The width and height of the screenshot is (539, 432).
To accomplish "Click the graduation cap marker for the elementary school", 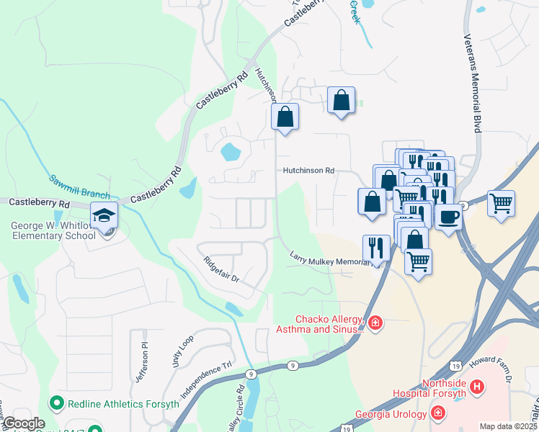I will (x=104, y=215).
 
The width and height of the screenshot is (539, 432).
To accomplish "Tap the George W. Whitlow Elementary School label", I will (x=53, y=230).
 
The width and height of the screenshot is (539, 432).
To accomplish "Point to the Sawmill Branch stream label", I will (x=79, y=186).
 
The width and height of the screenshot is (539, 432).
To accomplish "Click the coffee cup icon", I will (x=448, y=216).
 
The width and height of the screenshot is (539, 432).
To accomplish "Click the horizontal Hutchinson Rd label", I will (x=308, y=171).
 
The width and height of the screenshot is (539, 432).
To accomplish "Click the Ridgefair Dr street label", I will (x=220, y=269).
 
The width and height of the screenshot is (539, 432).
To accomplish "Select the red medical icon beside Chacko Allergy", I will (x=375, y=323).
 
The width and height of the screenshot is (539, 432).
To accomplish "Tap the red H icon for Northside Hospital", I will (x=476, y=387).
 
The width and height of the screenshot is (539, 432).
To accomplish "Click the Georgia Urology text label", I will (x=391, y=414).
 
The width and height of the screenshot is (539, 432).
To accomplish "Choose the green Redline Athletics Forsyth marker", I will (x=55, y=403).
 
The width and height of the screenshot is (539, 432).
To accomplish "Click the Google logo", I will (x=23, y=424).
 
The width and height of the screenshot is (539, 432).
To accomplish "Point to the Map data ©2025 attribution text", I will (x=508, y=426).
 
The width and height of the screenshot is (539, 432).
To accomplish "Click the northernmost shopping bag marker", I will (x=341, y=101).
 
